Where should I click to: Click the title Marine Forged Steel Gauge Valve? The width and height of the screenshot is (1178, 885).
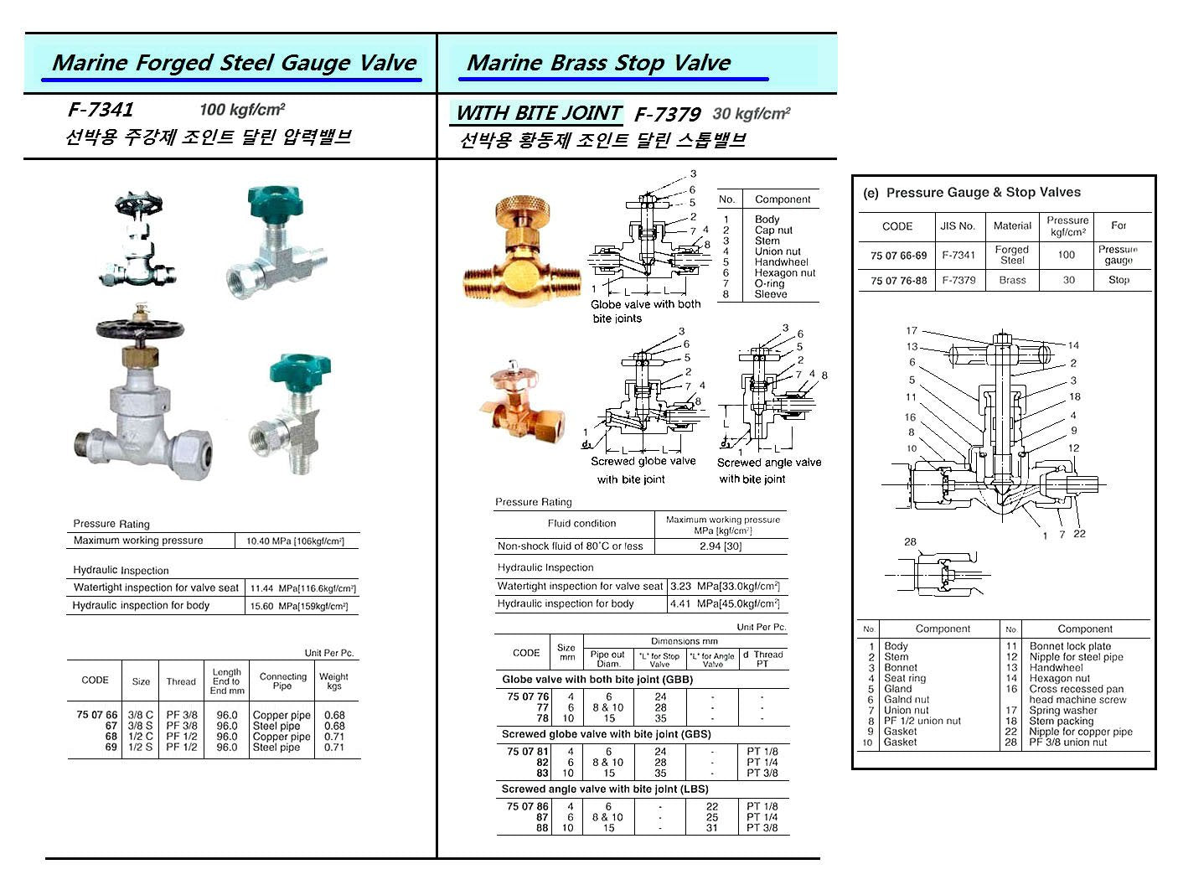[234, 63]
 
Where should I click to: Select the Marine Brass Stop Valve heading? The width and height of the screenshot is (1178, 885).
[598, 63]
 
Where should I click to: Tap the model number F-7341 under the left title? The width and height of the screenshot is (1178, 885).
[101, 110]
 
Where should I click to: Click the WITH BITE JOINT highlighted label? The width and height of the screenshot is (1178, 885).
[538, 113]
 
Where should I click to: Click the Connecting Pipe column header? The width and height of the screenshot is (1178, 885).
[283, 681]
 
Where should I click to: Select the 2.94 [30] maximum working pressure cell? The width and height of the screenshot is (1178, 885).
[721, 546]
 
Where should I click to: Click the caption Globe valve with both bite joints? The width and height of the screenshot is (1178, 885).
[645, 311]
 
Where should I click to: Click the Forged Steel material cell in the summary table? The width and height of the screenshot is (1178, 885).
[1011, 255]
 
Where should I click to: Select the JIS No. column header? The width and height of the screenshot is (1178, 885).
[958, 225]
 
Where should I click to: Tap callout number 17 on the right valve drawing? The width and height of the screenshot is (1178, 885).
[912, 331]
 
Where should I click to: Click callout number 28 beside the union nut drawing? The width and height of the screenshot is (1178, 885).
[910, 542]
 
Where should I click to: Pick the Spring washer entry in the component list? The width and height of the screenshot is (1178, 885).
[1062, 711]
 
